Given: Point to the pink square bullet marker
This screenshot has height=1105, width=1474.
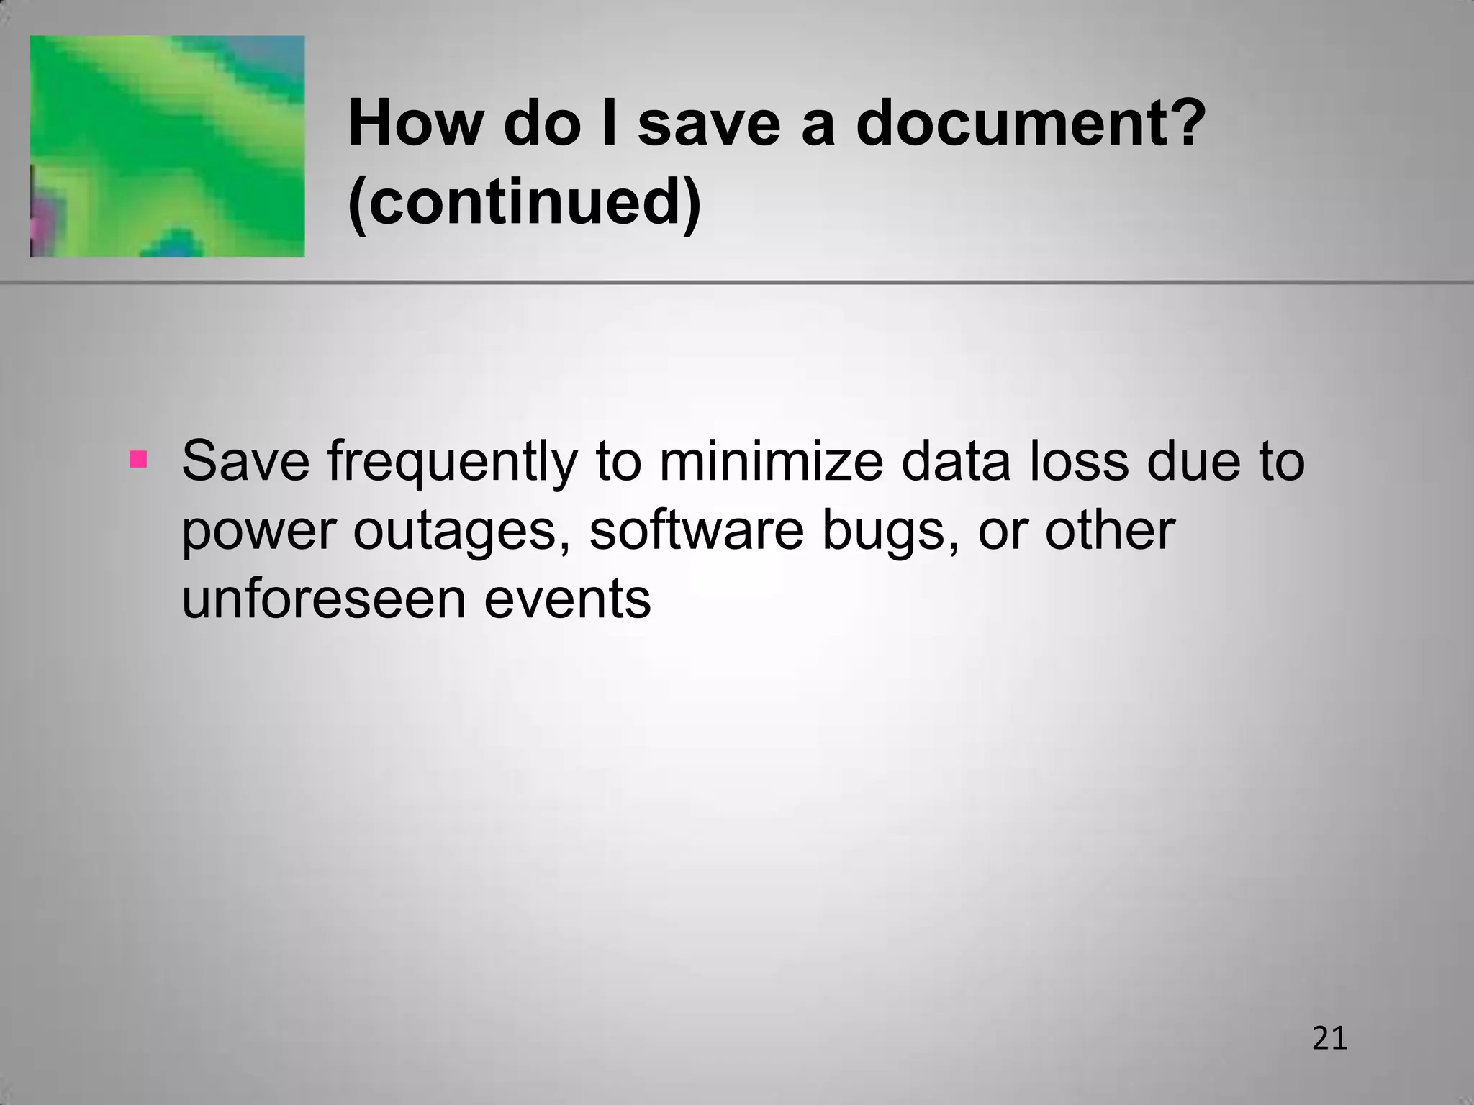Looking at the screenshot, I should (137, 459).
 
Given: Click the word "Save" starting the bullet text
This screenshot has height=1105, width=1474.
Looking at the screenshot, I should (245, 461).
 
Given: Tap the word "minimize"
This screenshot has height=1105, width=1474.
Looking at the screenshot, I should (770, 461).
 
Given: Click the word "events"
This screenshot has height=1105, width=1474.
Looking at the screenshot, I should (567, 600).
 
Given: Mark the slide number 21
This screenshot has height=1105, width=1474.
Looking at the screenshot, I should (1329, 1039).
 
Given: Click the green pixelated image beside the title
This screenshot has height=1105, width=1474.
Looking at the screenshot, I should (167, 146).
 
